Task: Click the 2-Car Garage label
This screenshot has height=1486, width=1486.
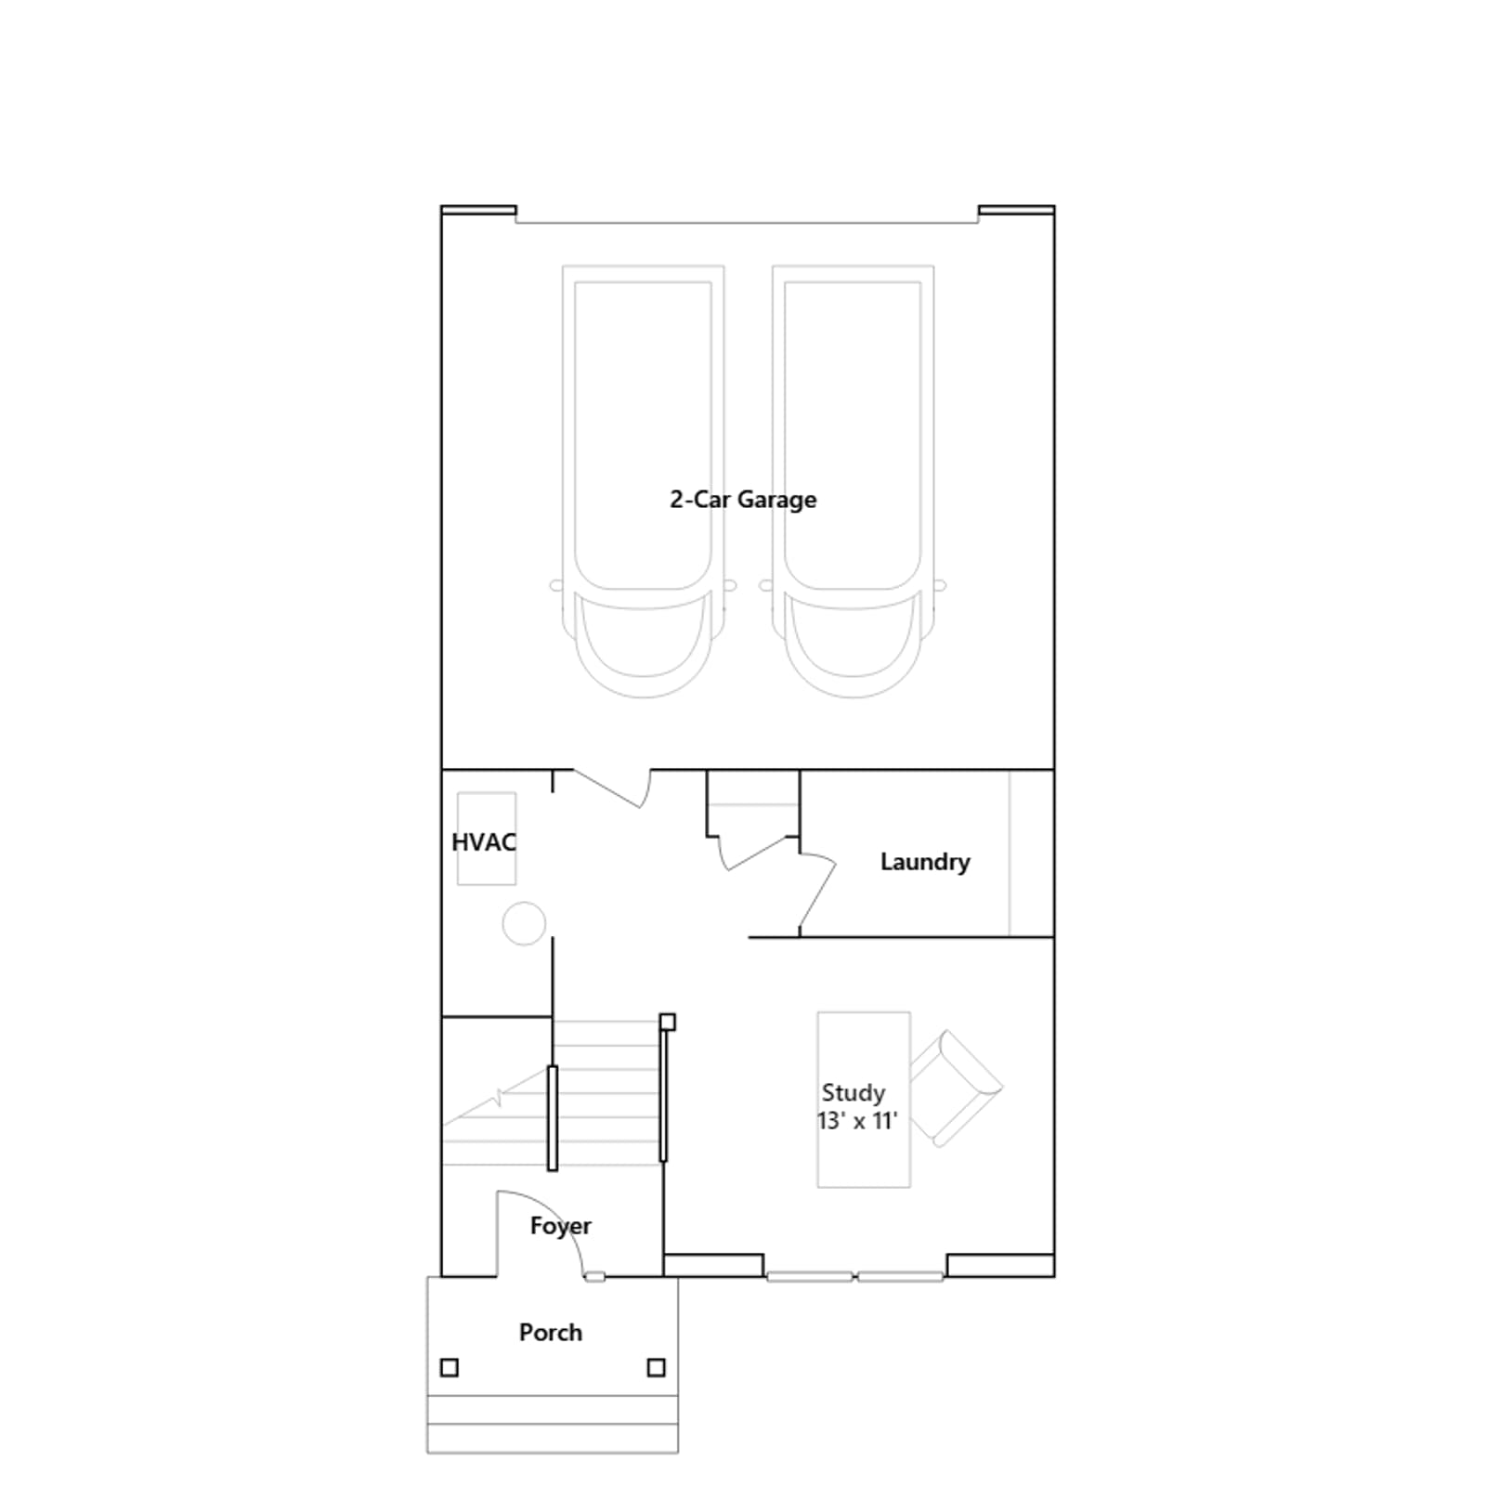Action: point(743,500)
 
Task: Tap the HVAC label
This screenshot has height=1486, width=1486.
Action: point(484,842)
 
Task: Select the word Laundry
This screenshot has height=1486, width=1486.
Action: point(925,862)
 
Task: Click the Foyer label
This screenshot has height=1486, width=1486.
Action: point(561,1226)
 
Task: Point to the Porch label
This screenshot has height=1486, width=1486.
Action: point(551,1332)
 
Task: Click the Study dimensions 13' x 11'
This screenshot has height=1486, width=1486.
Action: point(857,1121)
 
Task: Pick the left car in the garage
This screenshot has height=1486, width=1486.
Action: point(644,481)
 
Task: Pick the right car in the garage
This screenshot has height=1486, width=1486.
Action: point(854,481)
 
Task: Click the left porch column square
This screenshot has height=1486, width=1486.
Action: point(450,1367)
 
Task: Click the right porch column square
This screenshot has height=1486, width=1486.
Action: point(657,1367)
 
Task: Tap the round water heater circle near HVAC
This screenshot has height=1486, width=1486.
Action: point(524,924)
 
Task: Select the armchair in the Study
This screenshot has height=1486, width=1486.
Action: point(955,1088)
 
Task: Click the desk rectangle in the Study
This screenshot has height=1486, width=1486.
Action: point(864,1100)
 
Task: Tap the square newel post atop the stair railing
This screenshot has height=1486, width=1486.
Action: point(668,1023)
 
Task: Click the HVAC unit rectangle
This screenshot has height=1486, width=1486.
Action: point(487,839)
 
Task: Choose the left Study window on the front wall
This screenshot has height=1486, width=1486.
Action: point(809,1277)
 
